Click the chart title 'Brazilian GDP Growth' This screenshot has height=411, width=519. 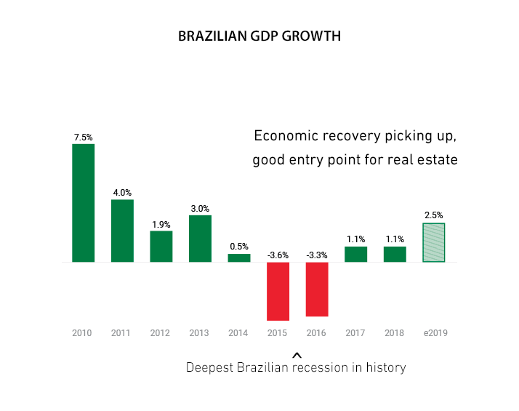(x=259, y=36)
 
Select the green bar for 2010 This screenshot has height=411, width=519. (x=83, y=203)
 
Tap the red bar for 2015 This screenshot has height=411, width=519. (x=278, y=291)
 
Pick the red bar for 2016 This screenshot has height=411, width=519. (x=317, y=289)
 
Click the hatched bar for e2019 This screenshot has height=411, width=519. (x=434, y=242)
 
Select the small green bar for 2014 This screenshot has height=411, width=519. (x=239, y=258)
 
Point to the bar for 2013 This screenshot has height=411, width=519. (x=200, y=239)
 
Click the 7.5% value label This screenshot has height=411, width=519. (x=83, y=137)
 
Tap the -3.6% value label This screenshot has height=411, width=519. (x=278, y=255)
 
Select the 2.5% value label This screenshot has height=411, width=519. (x=434, y=215)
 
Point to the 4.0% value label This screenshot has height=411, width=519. (x=122, y=193)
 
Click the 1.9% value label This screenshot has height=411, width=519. (x=161, y=224)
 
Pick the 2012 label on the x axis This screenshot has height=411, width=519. (x=160, y=333)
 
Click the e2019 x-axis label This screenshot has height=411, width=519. (x=435, y=333)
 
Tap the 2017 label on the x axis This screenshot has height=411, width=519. (x=355, y=333)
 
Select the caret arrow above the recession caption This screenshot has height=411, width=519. (x=296, y=355)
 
